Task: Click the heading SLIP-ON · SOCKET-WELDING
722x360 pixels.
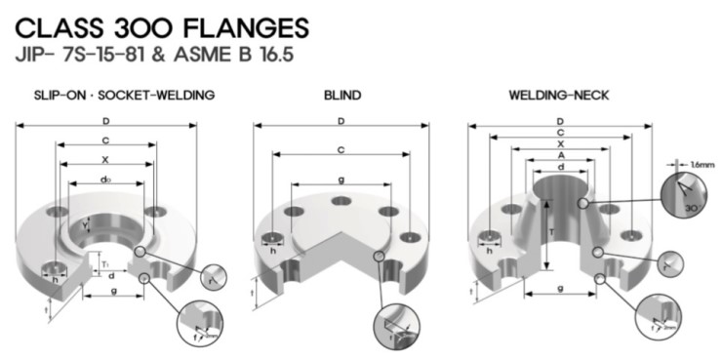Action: [x=116, y=96]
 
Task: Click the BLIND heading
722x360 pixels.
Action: [x=342, y=96]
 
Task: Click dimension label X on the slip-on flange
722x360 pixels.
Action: [x=105, y=159]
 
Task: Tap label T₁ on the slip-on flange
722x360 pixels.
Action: [x=105, y=260]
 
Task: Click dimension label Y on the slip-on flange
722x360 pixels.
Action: [x=86, y=226]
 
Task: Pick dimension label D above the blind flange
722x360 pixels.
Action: [x=341, y=121]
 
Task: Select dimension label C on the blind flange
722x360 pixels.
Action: [x=341, y=149]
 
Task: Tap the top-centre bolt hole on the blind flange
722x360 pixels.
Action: [x=341, y=202]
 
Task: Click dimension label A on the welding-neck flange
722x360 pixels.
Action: [x=559, y=155]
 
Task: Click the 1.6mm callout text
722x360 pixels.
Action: [x=702, y=165]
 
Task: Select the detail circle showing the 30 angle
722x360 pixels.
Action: [x=685, y=199]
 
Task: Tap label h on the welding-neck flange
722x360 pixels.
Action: [x=485, y=252]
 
